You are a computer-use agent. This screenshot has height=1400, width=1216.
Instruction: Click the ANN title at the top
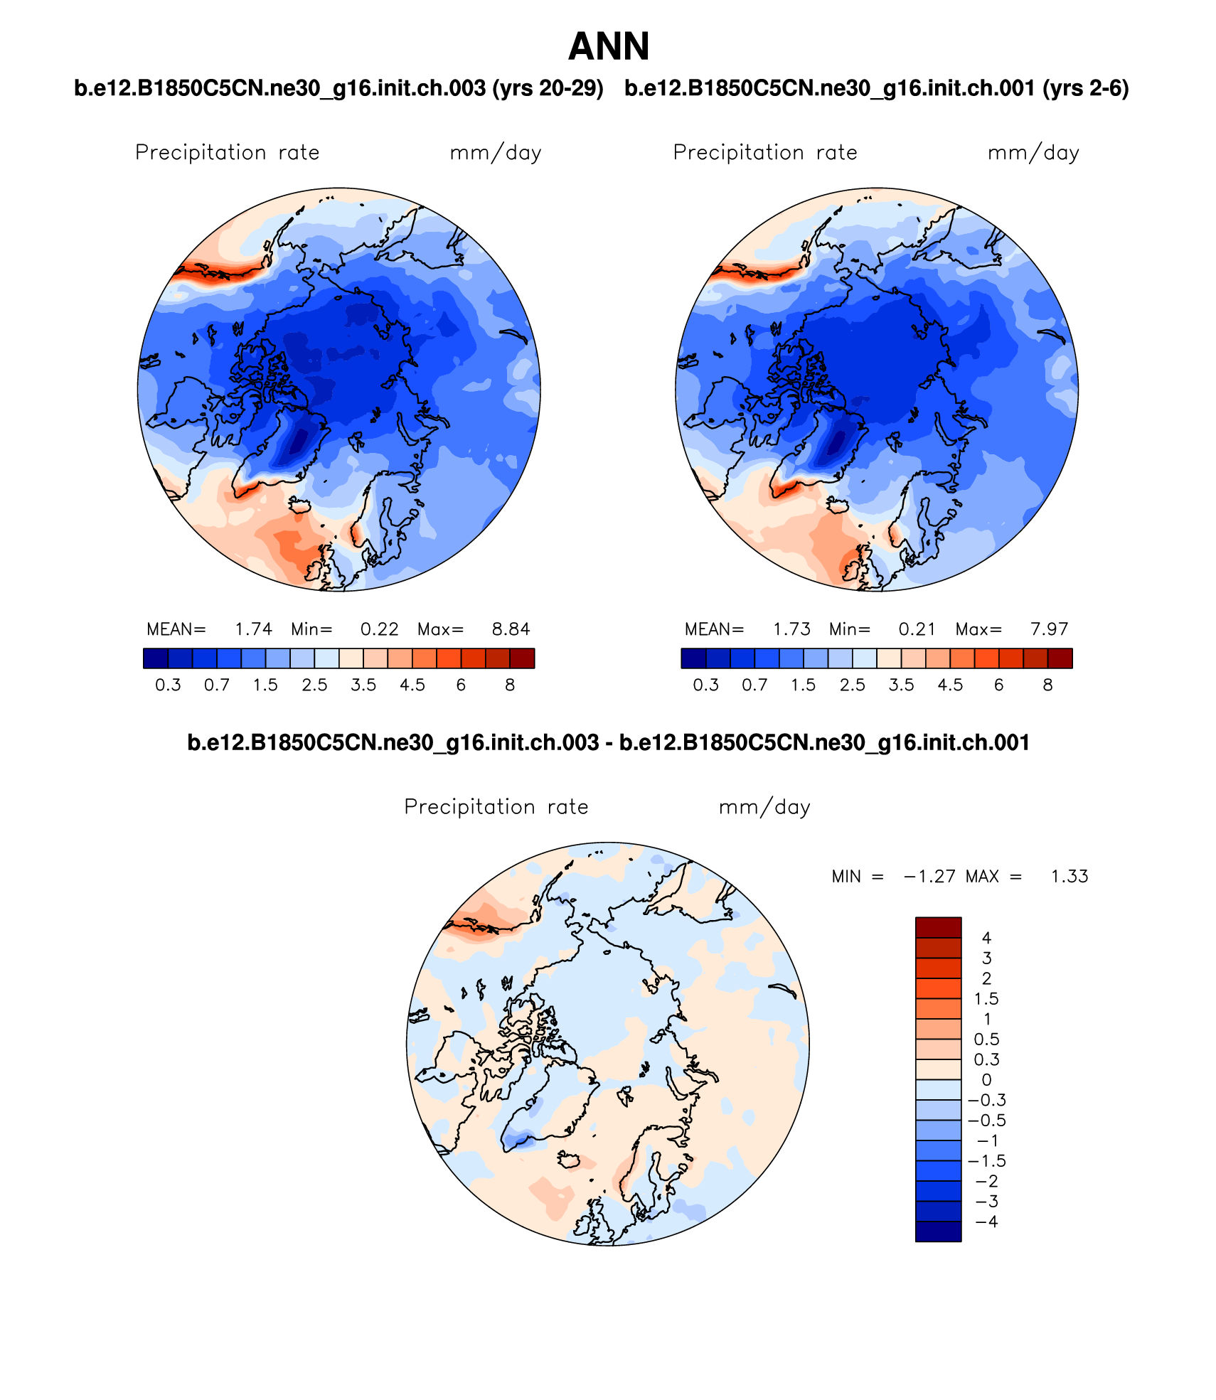(609, 47)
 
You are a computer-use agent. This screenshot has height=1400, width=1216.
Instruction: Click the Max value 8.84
(511, 629)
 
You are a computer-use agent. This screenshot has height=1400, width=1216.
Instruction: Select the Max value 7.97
(1049, 629)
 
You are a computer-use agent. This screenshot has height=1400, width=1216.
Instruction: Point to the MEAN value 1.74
(253, 629)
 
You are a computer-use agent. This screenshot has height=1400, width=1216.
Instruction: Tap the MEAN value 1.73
(791, 629)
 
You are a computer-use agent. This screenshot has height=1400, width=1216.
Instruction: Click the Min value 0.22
(379, 629)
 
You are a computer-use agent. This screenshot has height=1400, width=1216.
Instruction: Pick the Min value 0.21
(917, 629)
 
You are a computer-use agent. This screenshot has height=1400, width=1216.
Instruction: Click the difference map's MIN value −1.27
(929, 877)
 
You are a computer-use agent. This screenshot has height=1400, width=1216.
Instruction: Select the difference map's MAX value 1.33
(1070, 877)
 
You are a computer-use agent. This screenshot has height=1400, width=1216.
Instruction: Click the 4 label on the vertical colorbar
(986, 938)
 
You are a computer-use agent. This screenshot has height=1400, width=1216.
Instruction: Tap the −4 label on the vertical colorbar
(986, 1222)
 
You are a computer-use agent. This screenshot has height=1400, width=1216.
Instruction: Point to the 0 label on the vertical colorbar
(986, 1079)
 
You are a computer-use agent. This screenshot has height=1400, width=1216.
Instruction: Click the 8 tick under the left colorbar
(510, 685)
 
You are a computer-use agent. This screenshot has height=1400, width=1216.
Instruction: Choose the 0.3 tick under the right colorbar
(705, 685)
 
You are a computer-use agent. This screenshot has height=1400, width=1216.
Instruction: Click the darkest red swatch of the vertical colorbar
(938, 927)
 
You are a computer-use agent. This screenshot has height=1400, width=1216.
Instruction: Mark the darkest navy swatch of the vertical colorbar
(938, 1231)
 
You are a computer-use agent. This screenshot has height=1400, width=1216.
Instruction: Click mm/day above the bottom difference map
(764, 808)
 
